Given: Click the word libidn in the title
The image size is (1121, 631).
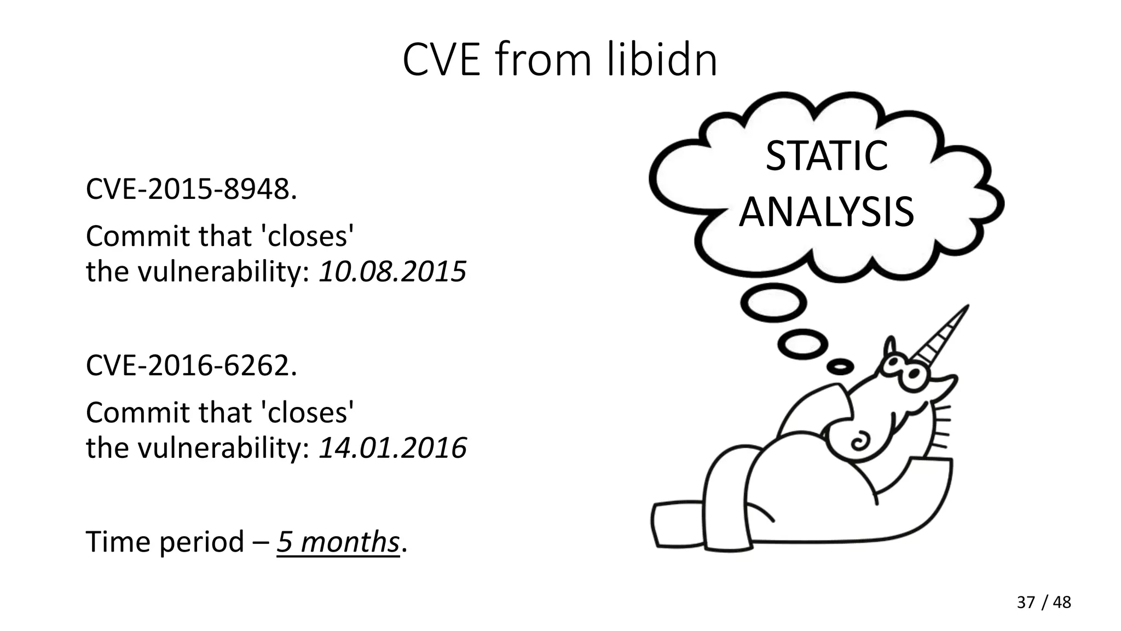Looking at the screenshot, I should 662,60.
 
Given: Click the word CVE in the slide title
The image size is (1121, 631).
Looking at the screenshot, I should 441,60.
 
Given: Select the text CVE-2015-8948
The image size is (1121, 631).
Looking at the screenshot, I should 191,190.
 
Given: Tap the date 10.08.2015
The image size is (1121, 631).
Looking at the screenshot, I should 392,272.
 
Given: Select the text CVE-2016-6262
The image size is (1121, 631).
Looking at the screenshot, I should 191,365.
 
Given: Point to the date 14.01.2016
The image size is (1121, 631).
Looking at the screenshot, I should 392,448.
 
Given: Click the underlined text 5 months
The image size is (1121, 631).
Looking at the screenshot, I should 338,542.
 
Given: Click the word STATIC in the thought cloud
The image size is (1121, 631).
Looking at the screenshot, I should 827,156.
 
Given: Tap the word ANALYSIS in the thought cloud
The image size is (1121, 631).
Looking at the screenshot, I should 827,213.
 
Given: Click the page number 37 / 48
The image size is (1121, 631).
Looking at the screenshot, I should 1043,603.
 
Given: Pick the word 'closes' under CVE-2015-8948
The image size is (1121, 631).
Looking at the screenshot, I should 308,237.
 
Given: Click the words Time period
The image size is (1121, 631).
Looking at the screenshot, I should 165,542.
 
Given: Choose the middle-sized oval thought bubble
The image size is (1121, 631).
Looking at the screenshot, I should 802,344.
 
